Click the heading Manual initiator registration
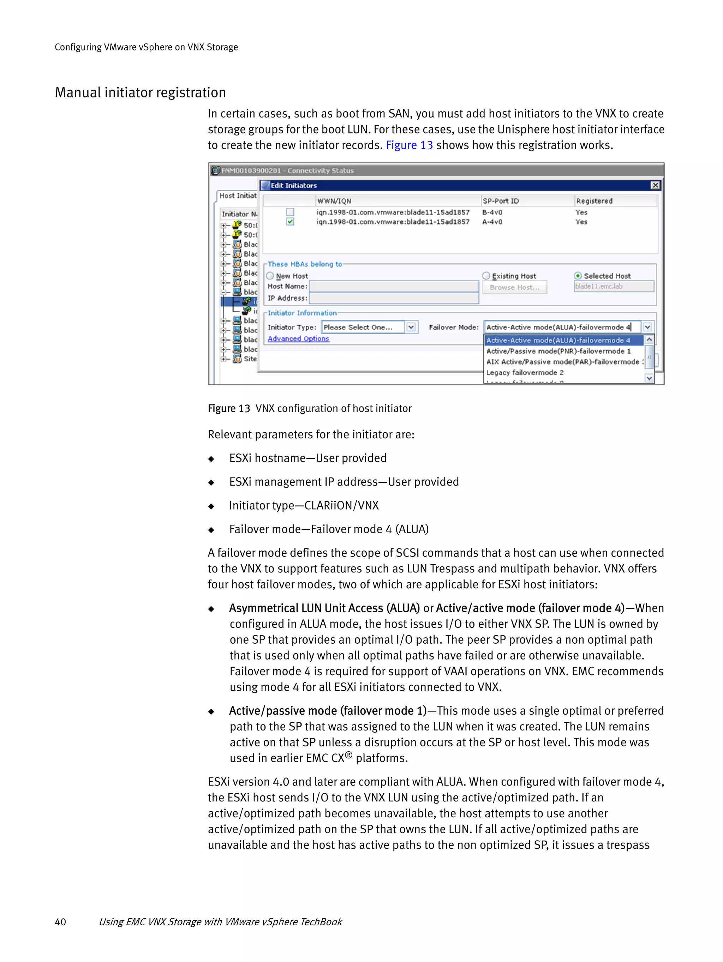click(x=140, y=92)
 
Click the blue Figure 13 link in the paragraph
click(x=409, y=145)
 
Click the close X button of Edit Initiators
click(x=655, y=186)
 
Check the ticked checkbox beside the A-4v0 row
click(x=290, y=222)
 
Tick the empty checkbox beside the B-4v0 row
click(x=290, y=212)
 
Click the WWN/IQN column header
click(x=334, y=201)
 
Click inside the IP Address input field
click(x=394, y=298)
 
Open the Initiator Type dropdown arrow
click(x=411, y=327)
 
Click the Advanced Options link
click(x=298, y=339)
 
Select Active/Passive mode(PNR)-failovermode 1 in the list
click(x=558, y=351)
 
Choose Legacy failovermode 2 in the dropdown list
click(x=525, y=373)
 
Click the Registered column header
click(x=594, y=201)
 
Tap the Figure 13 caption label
click(x=229, y=409)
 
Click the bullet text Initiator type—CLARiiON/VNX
click(x=304, y=506)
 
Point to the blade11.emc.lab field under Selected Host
click(x=613, y=287)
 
